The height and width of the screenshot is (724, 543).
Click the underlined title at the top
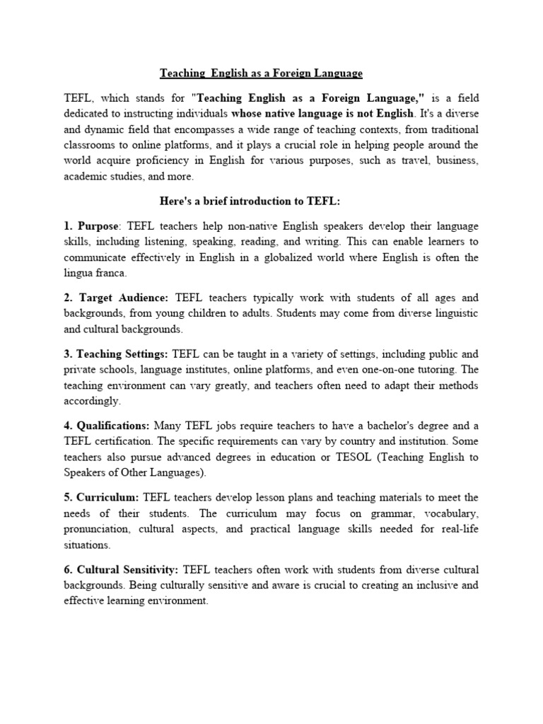click(x=261, y=73)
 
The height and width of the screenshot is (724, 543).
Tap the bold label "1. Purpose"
click(x=91, y=226)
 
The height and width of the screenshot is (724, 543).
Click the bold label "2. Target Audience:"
click(x=117, y=298)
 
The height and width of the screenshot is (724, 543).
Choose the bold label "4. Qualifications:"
click(x=107, y=426)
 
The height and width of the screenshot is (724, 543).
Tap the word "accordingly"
click(x=93, y=401)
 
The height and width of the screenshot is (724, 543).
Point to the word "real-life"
click(x=460, y=530)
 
